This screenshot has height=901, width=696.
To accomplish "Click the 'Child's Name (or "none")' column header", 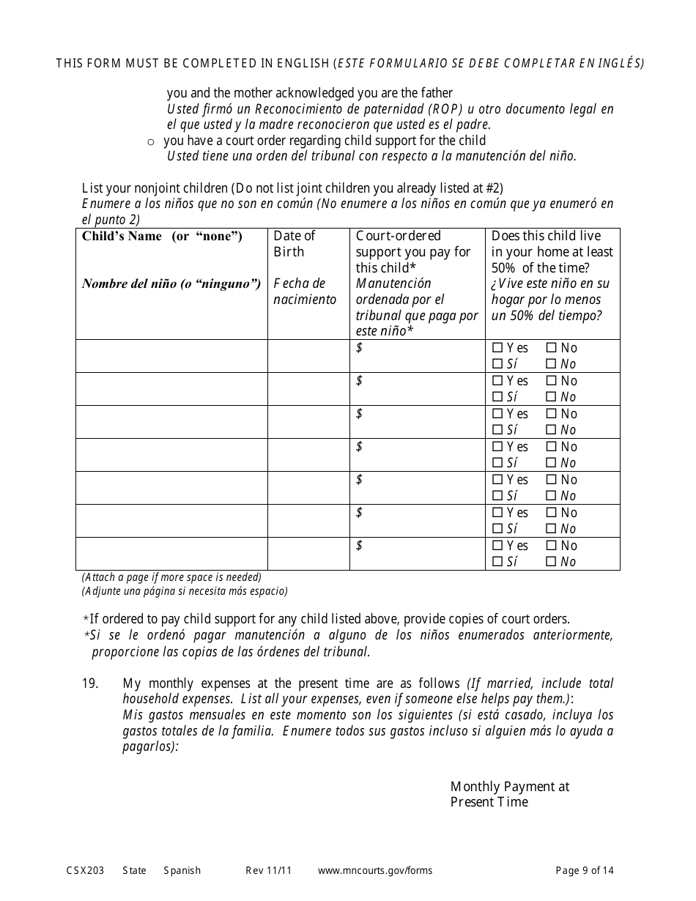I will [x=162, y=236].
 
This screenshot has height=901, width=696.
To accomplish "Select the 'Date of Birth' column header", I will [x=294, y=244].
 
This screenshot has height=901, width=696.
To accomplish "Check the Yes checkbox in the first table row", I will [x=497, y=348].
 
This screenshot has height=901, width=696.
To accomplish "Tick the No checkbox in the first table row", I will [x=551, y=348].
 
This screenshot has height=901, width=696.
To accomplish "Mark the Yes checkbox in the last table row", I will [x=497, y=546].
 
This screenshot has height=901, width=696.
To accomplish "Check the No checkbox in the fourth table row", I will [x=551, y=447].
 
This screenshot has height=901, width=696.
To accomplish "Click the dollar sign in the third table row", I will [x=359, y=414].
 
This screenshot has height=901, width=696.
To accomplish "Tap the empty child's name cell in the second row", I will [x=171, y=389].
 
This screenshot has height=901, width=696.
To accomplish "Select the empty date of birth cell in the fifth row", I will [x=308, y=488].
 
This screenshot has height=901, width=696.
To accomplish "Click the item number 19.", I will [x=89, y=683].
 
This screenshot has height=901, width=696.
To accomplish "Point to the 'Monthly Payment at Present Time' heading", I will [x=509, y=794].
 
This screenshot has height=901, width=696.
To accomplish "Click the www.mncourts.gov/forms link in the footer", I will [x=374, y=871].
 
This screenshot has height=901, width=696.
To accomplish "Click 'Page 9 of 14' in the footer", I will [x=585, y=871].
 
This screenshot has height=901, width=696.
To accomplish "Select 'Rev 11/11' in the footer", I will [x=268, y=871].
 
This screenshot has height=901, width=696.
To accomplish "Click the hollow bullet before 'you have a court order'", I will [x=151, y=141].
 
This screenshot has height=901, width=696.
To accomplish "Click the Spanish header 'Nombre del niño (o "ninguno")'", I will [x=171, y=284].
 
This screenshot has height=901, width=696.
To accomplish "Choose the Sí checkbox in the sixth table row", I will [x=497, y=529].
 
